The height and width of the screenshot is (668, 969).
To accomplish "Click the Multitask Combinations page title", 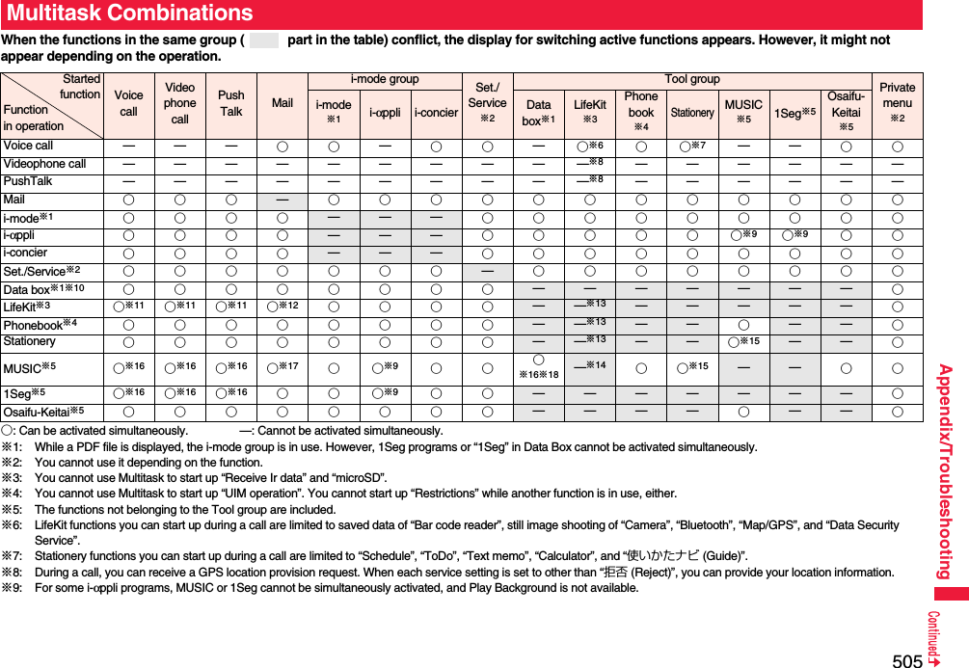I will (x=129, y=13).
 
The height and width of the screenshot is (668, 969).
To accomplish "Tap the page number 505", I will (x=906, y=660).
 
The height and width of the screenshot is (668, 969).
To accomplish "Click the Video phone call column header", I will (x=179, y=103).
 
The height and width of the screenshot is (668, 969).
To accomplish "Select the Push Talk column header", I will (x=231, y=103).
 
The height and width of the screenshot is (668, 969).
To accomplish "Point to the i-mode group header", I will (x=384, y=80).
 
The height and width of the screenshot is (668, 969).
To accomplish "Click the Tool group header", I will (x=691, y=80).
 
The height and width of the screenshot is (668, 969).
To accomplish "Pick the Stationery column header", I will (x=691, y=113).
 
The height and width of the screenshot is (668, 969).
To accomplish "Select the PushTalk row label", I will (x=28, y=181).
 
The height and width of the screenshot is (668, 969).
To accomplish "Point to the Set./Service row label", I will (x=41, y=271).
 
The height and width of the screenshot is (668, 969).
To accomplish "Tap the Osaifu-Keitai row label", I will (x=43, y=413).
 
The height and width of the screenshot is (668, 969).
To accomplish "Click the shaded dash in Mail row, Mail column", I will (x=283, y=200).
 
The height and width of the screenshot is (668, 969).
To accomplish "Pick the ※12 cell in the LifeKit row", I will (x=283, y=307).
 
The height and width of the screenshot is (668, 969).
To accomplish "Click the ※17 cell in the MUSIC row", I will (x=283, y=367).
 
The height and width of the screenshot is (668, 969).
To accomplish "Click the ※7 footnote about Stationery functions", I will (x=386, y=556).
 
